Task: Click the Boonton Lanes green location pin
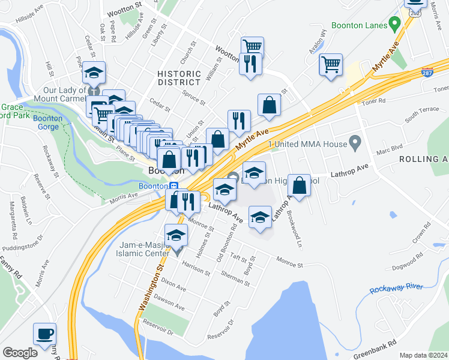394,25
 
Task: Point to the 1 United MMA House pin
355,143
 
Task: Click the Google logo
20,353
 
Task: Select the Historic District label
179,78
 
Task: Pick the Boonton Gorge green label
47,122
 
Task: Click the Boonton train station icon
172,186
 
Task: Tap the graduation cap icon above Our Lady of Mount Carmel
94,73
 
